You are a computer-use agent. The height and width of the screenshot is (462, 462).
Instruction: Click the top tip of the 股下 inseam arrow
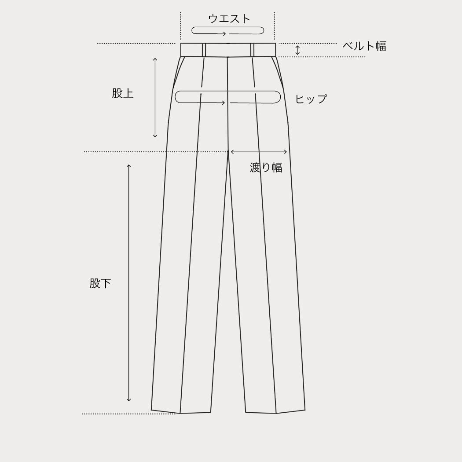tap(128, 165)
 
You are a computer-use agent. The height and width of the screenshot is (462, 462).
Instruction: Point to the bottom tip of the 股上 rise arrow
tap(155, 137)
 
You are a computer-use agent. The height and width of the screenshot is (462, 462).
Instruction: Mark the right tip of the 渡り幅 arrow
tap(287, 152)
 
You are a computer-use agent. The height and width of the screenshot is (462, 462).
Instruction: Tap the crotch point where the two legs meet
tap(228, 151)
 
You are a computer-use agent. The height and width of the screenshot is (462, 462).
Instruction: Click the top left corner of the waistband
tap(180, 43)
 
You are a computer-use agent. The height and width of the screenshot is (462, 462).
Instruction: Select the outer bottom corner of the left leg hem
tap(151, 410)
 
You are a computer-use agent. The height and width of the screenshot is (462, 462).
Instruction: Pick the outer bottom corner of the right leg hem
tap(305, 410)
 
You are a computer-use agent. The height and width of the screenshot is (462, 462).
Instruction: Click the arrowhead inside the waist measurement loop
tap(224, 33)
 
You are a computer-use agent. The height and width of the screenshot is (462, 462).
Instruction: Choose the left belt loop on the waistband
tap(204, 49)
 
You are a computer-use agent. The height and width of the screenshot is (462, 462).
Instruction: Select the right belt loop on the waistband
tap(252, 49)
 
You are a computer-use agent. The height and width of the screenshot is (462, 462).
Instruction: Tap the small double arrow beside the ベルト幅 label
tap(297, 50)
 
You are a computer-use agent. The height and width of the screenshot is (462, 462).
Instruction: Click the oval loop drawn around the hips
tap(228, 97)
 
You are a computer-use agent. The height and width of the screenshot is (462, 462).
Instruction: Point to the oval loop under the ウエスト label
tap(228, 31)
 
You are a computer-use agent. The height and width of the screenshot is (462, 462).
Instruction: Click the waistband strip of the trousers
tap(228, 49)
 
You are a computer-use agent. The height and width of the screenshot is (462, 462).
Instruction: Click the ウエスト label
tap(229, 18)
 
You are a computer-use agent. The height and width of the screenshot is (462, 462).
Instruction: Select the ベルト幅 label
tap(364, 46)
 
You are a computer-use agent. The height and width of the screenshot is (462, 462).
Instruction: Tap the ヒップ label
tap(311, 99)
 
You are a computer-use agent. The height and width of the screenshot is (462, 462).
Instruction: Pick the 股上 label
tap(123, 93)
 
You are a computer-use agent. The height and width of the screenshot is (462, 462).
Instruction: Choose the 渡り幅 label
tap(266, 167)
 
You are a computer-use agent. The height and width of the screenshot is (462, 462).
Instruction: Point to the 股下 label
tap(100, 283)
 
